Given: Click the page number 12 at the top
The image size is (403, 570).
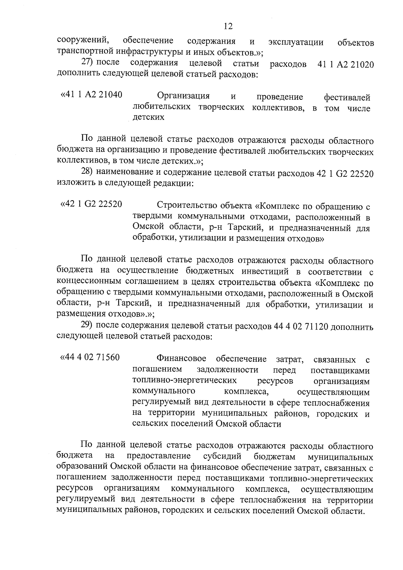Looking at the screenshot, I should click(228, 26).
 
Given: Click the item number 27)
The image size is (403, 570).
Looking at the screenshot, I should click(88, 63).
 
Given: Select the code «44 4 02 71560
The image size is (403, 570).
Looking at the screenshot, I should click(90, 357).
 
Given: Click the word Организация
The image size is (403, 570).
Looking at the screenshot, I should click(183, 96).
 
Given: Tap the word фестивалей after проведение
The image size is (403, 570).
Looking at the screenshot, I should click(347, 97).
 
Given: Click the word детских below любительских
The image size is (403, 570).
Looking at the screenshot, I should click(149, 117).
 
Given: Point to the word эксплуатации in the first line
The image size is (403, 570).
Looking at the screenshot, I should click(296, 42).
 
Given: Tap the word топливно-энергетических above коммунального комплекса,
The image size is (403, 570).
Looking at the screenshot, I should click(185, 381).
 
